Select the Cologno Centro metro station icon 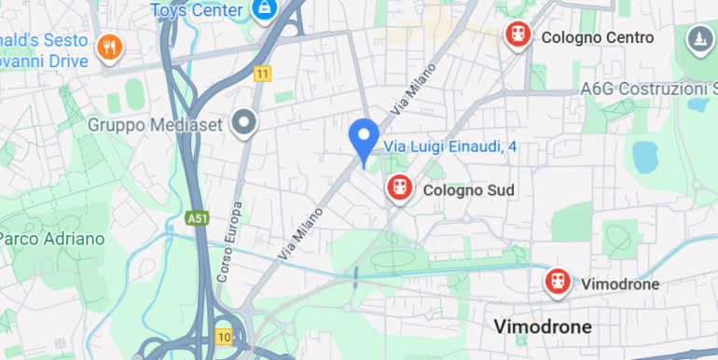coord(518,35)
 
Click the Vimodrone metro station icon coord(559,281)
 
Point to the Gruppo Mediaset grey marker coord(245,122)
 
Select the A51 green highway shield coord(197,218)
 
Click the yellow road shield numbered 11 coord(264,74)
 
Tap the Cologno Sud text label coord(468,190)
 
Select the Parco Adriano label coord(52,239)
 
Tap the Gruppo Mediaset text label coord(158,124)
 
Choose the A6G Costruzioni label coord(648,89)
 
